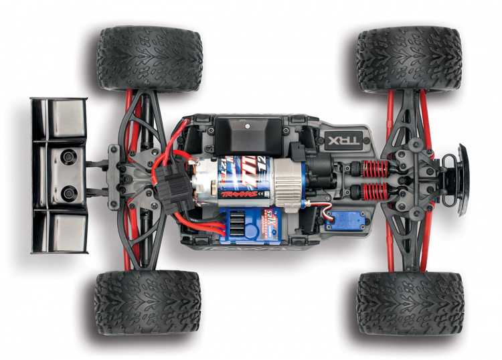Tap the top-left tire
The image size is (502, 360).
(x=148, y=58)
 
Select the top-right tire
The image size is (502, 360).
(x=408, y=59)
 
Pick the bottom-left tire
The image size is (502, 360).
(x=147, y=302)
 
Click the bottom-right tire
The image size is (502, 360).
(x=409, y=303)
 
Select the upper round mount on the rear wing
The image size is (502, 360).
(x=68, y=159)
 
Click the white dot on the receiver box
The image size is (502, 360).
(x=246, y=124)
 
